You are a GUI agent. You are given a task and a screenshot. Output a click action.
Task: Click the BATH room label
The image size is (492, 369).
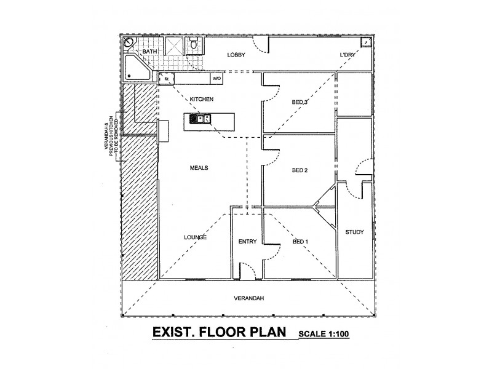coord(149,52)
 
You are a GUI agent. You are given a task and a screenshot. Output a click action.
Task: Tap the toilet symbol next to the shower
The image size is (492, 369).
coord(193,43)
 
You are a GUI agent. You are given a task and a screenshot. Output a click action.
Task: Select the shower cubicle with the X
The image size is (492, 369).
coord(175,46)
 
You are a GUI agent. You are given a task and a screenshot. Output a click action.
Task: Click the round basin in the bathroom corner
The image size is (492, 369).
coord(129,42)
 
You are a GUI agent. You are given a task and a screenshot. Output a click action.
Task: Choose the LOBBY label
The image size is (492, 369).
coord(237,55)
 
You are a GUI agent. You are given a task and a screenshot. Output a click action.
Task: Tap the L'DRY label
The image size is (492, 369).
coord(349,55)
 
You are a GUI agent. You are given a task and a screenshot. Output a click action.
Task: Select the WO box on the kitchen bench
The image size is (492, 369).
coord(216,79)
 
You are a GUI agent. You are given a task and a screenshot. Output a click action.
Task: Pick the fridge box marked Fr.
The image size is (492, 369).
coord(166,79)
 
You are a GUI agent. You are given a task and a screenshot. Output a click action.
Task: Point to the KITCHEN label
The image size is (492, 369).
coord(201,99)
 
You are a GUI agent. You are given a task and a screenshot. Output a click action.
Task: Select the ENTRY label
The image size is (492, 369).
coord(247,242)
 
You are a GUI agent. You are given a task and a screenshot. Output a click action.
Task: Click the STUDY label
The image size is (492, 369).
coord(354,232)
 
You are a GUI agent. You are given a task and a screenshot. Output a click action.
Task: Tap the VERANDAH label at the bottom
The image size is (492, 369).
coord(249,298)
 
